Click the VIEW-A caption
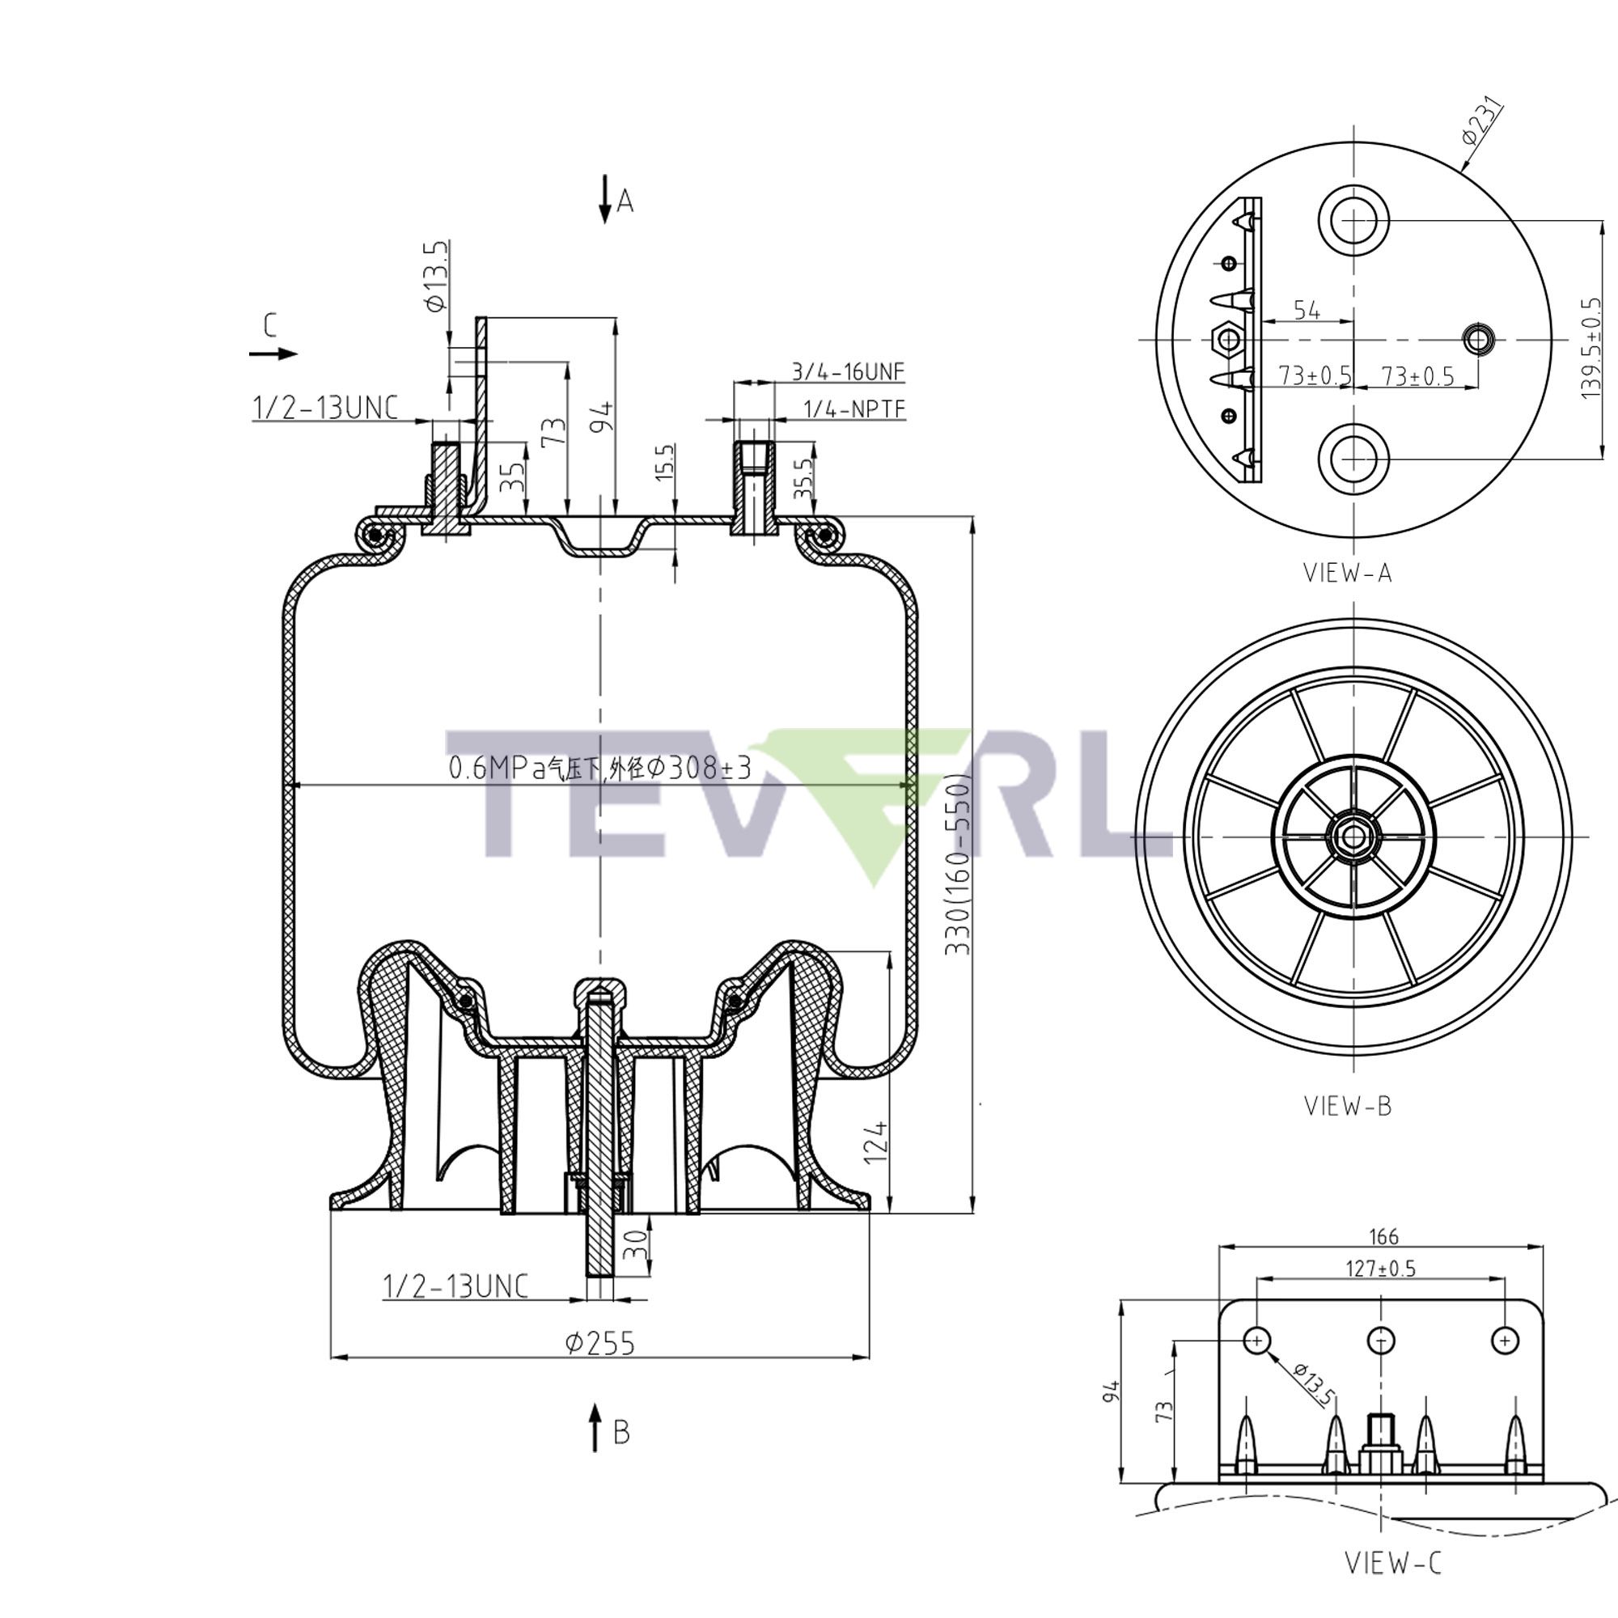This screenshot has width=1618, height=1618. pos(1348,573)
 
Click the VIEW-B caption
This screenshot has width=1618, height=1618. pos(1348,1105)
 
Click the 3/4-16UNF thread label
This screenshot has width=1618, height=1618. pos(849,372)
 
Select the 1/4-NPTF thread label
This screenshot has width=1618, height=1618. pos(854,409)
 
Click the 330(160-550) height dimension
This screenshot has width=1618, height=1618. pos(957,864)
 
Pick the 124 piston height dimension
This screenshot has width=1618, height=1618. pos(875,1141)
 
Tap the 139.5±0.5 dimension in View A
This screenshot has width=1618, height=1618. pos(1591,348)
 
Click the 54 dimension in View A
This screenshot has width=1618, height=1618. pos(1307,310)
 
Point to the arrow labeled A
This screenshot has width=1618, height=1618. pos(604,201)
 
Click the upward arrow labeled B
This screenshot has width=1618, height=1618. pos(595,1428)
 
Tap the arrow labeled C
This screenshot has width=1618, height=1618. pos(273,353)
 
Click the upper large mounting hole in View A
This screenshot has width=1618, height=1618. pos(1353,220)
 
